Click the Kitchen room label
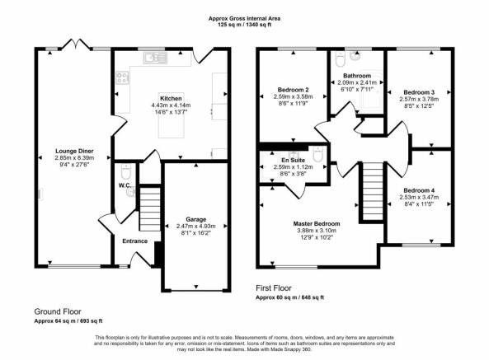pyautogui.click(x=171, y=98)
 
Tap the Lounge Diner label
pyautogui.click(x=74, y=151)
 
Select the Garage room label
pyautogui.click(x=196, y=219)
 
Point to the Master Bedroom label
pyautogui.click(x=317, y=223)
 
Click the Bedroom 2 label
pyautogui.click(x=293, y=90)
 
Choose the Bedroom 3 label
pyautogui.click(x=419, y=92)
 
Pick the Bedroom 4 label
pyautogui.click(x=419, y=190)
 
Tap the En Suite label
pyautogui.click(x=293, y=160)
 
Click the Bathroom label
pyautogui.click(x=357, y=76)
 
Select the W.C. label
pyautogui.click(x=125, y=185)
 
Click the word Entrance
pyautogui.click(x=134, y=241)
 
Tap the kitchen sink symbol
pyautogui.click(x=155, y=58)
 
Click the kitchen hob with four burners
pyautogui.click(x=122, y=78)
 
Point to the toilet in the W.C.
pyautogui.click(x=126, y=171)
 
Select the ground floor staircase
pyautogui.click(x=150, y=209)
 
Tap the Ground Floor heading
pyautogui.click(x=58, y=311)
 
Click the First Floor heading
pyautogui.click(x=274, y=288)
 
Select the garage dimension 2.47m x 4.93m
pyautogui.click(x=196, y=226)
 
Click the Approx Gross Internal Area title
pyautogui.click(x=244, y=18)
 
